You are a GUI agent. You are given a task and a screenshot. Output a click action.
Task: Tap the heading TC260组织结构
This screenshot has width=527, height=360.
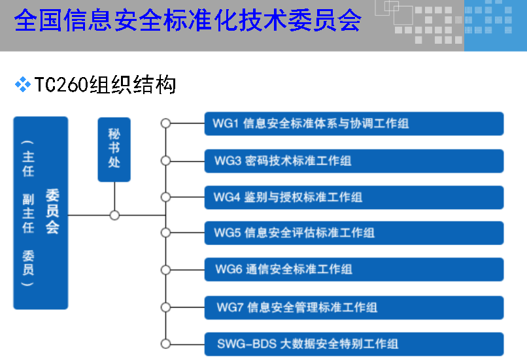point(105,85)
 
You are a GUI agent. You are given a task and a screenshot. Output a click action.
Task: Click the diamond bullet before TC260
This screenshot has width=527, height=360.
point(24,84)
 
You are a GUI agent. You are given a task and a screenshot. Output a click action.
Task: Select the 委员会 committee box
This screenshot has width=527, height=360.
point(41,212)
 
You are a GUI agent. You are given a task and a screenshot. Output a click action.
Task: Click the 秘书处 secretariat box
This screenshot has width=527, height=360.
point(114,149)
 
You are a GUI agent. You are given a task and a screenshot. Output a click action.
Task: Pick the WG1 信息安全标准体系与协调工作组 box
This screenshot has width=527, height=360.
point(354,123)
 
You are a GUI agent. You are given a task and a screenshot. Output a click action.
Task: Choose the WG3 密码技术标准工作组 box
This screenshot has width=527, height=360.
point(354,161)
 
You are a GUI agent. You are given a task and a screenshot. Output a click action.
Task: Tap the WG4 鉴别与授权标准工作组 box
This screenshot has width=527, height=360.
point(354,197)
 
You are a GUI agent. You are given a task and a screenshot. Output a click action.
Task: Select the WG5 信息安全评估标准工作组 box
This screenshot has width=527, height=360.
point(354,233)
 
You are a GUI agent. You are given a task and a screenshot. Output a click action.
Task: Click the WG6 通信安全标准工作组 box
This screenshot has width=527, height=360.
point(354,269)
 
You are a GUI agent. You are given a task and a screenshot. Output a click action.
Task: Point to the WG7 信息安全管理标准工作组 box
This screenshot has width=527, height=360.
point(354,307)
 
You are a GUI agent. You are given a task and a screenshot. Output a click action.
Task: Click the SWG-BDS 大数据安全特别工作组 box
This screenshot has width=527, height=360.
point(354,344)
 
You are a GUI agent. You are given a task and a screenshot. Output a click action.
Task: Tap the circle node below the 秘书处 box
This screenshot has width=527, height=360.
point(114,215)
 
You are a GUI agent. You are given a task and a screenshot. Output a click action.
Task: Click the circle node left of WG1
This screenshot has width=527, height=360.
point(165,123)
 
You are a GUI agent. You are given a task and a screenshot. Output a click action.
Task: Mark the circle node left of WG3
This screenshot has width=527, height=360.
point(165,160)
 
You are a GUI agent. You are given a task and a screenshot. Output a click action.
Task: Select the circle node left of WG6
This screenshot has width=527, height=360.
point(165,269)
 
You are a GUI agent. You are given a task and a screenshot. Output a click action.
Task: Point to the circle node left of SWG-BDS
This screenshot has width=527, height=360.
point(165,344)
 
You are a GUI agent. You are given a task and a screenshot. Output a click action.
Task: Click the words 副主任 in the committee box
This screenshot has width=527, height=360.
point(28,213)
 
